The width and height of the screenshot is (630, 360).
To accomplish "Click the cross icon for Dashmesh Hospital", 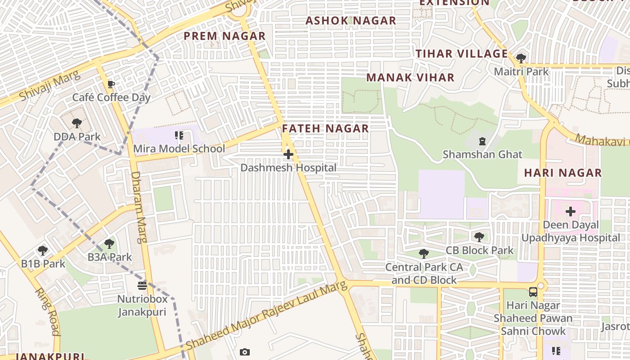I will tap(288, 155).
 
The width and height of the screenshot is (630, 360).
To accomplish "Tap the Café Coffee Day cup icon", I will tap(111, 84).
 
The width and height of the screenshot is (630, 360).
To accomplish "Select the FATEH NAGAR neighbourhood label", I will tap(325, 129).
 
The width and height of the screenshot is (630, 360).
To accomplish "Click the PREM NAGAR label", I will tap(225, 36).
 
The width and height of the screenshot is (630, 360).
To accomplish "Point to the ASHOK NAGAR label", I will tap(351, 21).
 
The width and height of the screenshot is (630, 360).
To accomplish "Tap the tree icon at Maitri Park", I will tap(521, 58).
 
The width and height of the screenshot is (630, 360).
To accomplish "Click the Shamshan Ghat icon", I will tap(482, 141).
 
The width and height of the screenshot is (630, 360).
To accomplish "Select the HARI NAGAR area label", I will tap(563, 173).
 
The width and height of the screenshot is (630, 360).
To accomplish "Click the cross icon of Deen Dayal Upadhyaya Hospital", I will tap(571, 211).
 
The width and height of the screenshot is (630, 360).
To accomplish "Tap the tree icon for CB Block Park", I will tap(479, 237).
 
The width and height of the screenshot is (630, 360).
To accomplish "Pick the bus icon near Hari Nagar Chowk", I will tap(533, 292).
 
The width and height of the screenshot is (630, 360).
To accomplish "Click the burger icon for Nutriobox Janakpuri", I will tap(142, 286).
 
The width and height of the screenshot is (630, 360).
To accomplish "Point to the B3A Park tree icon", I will tap(109, 244).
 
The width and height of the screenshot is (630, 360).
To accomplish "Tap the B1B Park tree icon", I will tap(43, 251).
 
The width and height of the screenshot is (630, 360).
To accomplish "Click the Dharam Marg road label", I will tap(139, 207).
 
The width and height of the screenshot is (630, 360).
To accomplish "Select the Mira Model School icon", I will tap(179, 135).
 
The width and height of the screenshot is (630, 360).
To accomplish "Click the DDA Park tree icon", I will tap(77, 123).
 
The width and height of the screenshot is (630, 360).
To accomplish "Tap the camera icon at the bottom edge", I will tap(244, 352).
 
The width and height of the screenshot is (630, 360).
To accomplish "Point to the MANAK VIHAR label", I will tap(410, 77).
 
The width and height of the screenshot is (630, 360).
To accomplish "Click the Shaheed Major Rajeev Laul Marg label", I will tap(266, 315).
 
